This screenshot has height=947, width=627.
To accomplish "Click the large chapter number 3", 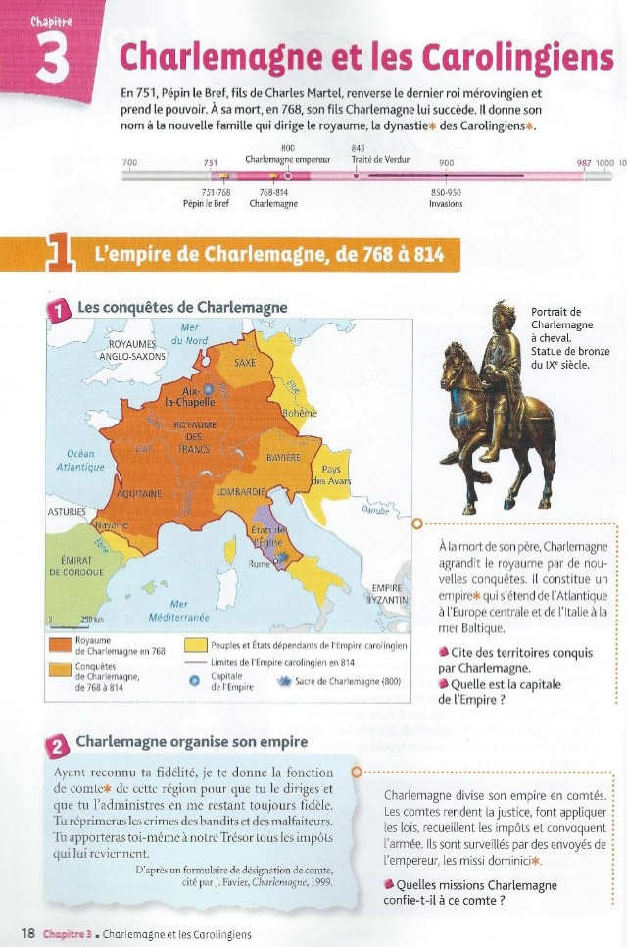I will coord(51,57).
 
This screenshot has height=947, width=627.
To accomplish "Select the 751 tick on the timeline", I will coord(210,163).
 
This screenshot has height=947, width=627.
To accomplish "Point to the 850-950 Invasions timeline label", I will coord(446,198).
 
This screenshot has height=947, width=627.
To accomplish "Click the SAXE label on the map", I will coord(244,362).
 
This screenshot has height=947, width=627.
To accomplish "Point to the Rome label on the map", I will coord(259,564).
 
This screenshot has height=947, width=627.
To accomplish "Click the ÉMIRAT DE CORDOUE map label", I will coord(75,566).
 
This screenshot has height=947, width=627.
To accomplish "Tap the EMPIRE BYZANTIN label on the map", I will coord(388,592).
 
